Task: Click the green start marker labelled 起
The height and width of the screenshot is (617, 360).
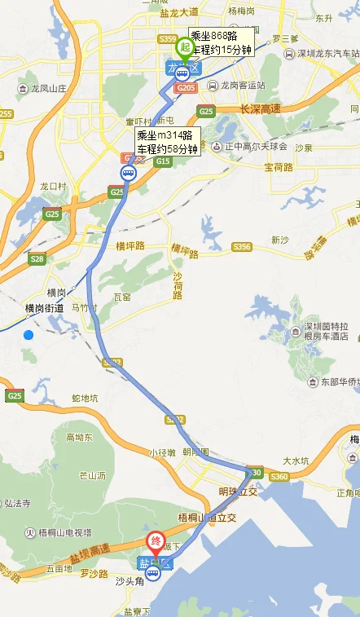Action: coord(185,47)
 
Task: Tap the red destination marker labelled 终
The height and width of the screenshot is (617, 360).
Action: coord(155,541)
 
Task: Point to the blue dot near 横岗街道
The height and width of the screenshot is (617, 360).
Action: coord(29,335)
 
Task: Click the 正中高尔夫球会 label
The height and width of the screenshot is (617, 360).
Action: coord(254,147)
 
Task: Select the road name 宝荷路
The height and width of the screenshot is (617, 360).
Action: coord(279,166)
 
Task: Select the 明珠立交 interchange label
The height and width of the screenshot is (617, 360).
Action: coord(238,491)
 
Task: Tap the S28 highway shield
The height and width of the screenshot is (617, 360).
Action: coord(36,258)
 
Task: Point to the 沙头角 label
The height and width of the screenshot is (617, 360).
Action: coord(129,580)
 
